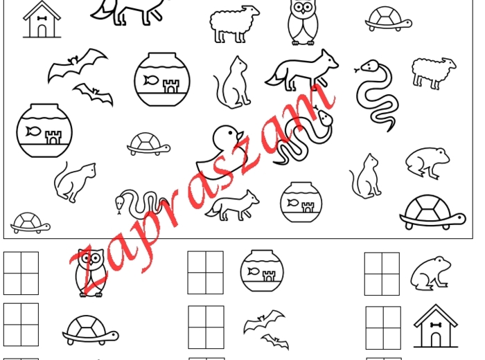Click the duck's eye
click(231, 133)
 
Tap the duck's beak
click(240, 136)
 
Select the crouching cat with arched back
click(75, 182)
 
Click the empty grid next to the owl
click(21, 273)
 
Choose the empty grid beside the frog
click(382, 273)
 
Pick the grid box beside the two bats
click(206, 327)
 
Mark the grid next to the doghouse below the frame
click(383, 328)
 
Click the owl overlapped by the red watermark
click(90, 273)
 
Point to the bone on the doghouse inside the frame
click(42, 19)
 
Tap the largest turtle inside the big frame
click(433, 213)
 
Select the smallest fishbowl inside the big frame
click(301, 202)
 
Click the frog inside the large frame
click(427, 163)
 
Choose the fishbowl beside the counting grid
click(262, 271)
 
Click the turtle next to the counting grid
click(90, 330)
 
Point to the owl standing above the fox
click(303, 21)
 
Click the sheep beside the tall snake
click(434, 73)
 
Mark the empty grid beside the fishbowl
click(205, 273)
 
